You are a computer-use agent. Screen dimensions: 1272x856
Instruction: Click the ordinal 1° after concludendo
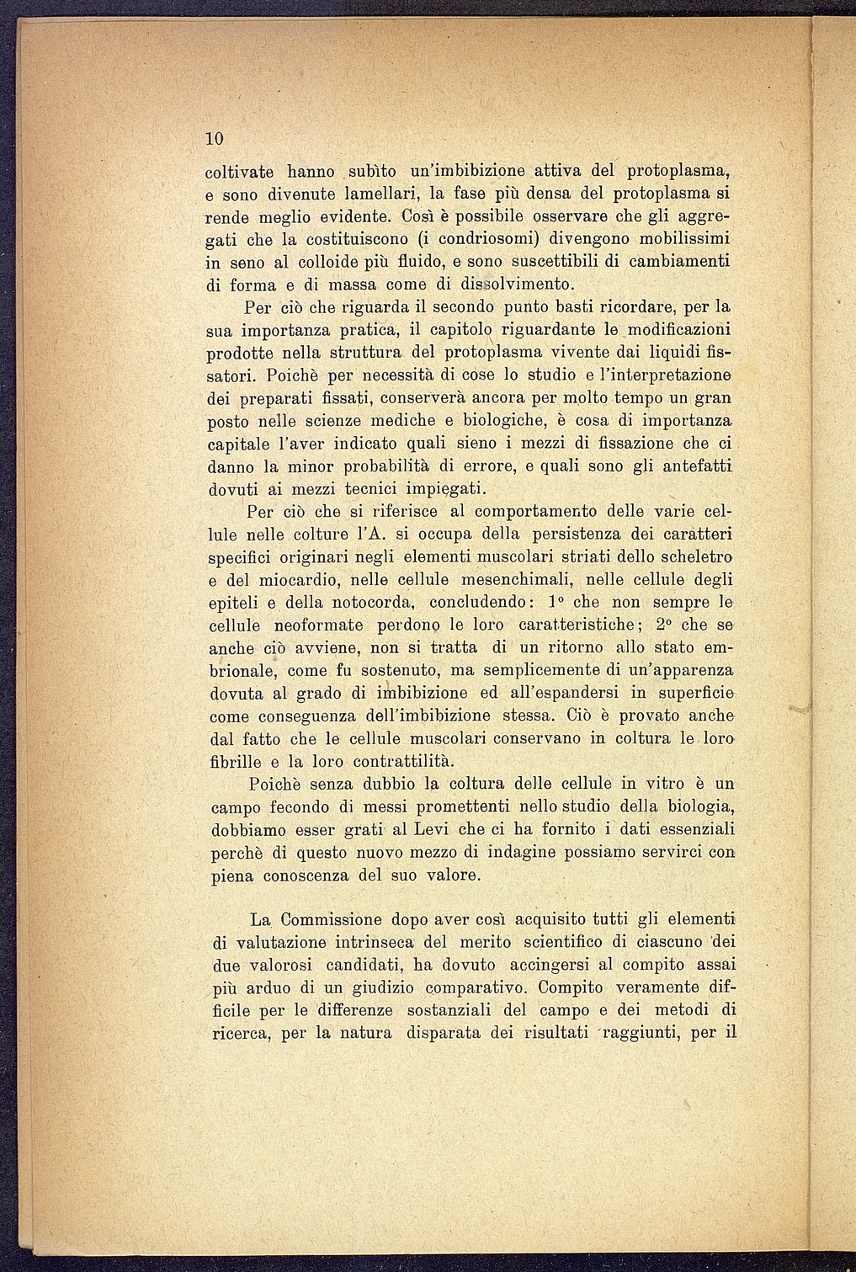click(555, 602)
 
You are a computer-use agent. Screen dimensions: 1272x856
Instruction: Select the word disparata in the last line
click(453, 1033)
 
